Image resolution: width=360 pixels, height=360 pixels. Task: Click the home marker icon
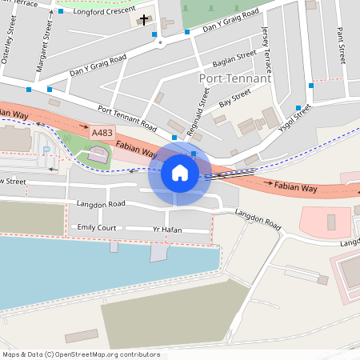(x=179, y=172)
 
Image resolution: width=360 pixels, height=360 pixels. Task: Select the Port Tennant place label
(x=234, y=78)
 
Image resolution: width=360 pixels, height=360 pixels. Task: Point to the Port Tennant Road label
(x=126, y=117)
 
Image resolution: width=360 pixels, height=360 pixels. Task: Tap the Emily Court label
(x=96, y=228)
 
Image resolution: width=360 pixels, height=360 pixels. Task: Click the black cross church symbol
(x=144, y=18)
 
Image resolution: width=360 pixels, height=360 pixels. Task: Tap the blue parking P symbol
(x=46, y=150)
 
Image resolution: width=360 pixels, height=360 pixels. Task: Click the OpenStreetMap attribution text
(x=81, y=354)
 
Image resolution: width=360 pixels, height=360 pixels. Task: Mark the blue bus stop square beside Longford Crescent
(x=61, y=12)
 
